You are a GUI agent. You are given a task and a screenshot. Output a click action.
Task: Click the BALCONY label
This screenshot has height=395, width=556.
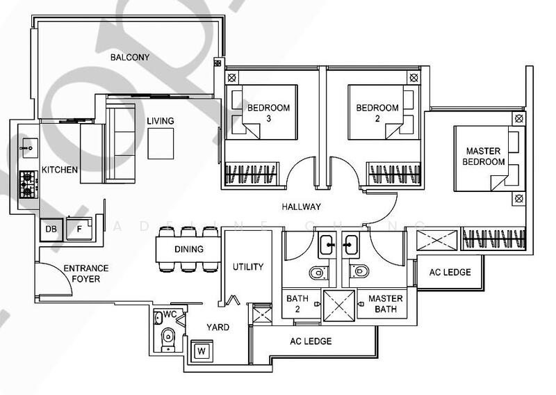(130, 58)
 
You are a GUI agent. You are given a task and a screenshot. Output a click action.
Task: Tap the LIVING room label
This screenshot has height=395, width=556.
(160, 121)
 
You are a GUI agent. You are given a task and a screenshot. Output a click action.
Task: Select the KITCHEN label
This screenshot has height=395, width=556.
(60, 170)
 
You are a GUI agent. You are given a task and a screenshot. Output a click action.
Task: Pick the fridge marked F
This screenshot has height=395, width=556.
(79, 229)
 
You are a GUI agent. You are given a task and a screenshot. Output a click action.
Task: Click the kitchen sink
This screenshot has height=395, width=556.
(28, 146)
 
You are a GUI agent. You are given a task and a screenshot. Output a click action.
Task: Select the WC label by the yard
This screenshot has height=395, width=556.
(170, 315)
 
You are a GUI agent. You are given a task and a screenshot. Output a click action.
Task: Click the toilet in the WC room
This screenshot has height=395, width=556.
(167, 339)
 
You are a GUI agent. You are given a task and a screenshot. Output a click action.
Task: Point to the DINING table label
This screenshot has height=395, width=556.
(189, 249)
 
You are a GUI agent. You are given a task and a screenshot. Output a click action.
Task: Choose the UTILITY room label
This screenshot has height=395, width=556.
(248, 266)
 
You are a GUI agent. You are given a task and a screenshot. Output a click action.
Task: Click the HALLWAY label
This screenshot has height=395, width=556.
(301, 207)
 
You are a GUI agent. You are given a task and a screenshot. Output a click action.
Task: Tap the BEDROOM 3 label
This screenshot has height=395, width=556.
(268, 113)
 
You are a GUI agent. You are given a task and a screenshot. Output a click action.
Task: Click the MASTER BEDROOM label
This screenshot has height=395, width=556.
(484, 156)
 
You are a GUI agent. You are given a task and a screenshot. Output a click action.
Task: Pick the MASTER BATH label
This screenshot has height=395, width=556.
(385, 304)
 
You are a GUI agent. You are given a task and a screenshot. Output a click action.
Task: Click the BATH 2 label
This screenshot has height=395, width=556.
(297, 304)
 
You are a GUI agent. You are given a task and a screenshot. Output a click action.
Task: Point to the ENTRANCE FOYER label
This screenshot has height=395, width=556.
(85, 273)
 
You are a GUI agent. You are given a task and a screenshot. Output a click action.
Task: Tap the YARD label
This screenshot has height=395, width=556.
(218, 328)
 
